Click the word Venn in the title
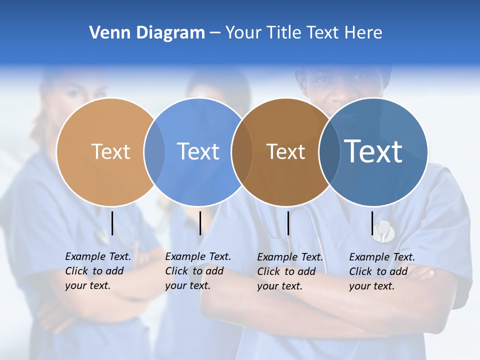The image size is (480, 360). (105, 33)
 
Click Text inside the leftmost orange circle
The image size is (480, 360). (110, 151)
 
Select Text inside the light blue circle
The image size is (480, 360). (198, 151)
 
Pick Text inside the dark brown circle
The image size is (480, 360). (285, 151)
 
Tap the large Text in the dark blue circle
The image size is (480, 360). (373, 151)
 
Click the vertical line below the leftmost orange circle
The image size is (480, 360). (112, 223)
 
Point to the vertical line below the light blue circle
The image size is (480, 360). (200, 223)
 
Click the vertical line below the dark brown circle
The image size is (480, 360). (288, 223)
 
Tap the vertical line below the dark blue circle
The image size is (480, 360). (372, 223)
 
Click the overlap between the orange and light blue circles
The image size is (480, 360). (154, 151)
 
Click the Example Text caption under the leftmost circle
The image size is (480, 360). (98, 271)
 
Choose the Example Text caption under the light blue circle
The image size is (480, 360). (198, 271)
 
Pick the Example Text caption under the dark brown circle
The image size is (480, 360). (290, 271)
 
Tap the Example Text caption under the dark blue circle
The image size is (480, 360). (382, 271)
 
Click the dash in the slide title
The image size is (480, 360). (215, 33)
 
